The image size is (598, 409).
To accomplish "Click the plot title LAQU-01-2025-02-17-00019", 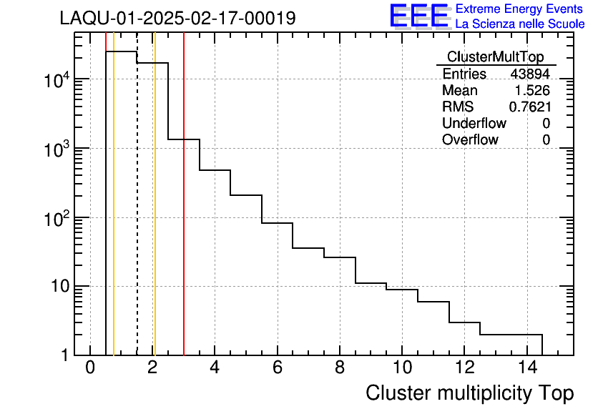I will click(177, 18).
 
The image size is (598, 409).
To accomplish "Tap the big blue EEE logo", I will click(418, 16).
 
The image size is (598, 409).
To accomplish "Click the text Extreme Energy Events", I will click(520, 9).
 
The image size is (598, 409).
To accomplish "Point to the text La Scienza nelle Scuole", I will click(520, 24).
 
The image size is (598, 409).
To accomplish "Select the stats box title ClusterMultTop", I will click(495, 57).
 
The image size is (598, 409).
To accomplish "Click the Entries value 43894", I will click(530, 74).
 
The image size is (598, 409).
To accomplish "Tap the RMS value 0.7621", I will click(529, 107).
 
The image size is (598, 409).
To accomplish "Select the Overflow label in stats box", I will click(470, 140).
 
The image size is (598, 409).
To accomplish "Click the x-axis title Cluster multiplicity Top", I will click(469, 393).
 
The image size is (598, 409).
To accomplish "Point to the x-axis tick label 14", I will click(526, 368).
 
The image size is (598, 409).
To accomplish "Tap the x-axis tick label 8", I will click(339, 368).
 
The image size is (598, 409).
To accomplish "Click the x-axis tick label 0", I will click(90, 368).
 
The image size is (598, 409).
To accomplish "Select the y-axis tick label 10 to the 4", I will click(56, 81).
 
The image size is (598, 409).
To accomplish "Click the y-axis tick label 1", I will click(62, 355).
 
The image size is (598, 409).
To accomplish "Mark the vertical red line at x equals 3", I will click(184, 215).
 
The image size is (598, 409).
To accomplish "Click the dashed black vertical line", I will click(137, 215).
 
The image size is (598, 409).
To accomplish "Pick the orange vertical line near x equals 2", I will click(155, 215).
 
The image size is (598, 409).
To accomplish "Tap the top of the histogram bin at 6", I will click(277, 223).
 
